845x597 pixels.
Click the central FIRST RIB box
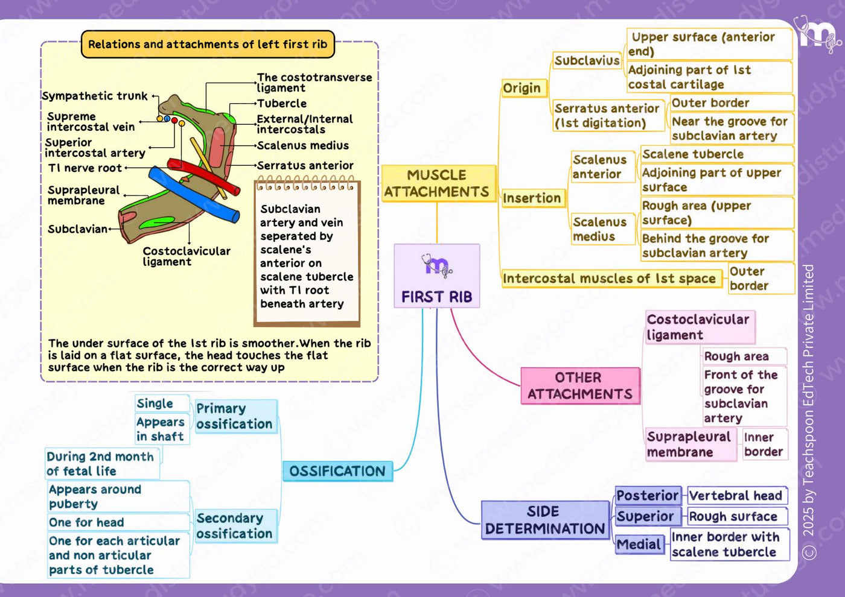coord(437,276)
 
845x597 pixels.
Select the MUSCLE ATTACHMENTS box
coord(438,183)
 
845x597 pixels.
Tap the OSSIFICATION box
coord(337,471)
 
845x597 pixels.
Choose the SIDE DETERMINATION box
coord(545,520)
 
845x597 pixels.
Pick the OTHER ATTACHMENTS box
coord(580,386)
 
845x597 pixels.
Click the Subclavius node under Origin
coord(587,61)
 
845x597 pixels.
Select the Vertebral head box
coord(737,495)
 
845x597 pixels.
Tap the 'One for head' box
coord(118,522)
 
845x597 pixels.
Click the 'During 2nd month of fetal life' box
coord(102,464)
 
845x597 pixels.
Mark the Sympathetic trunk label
coord(95,96)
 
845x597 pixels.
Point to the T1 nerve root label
coord(85,168)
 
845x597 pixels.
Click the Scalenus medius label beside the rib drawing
coord(303,145)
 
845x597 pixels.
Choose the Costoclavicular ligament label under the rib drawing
coord(187,256)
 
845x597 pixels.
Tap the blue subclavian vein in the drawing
coord(194,195)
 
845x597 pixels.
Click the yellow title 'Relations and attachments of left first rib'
coord(208,44)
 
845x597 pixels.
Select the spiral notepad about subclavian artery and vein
coord(307,251)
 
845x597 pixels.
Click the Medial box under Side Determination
coord(639,544)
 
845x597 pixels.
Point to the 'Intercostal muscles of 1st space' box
coord(611,279)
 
